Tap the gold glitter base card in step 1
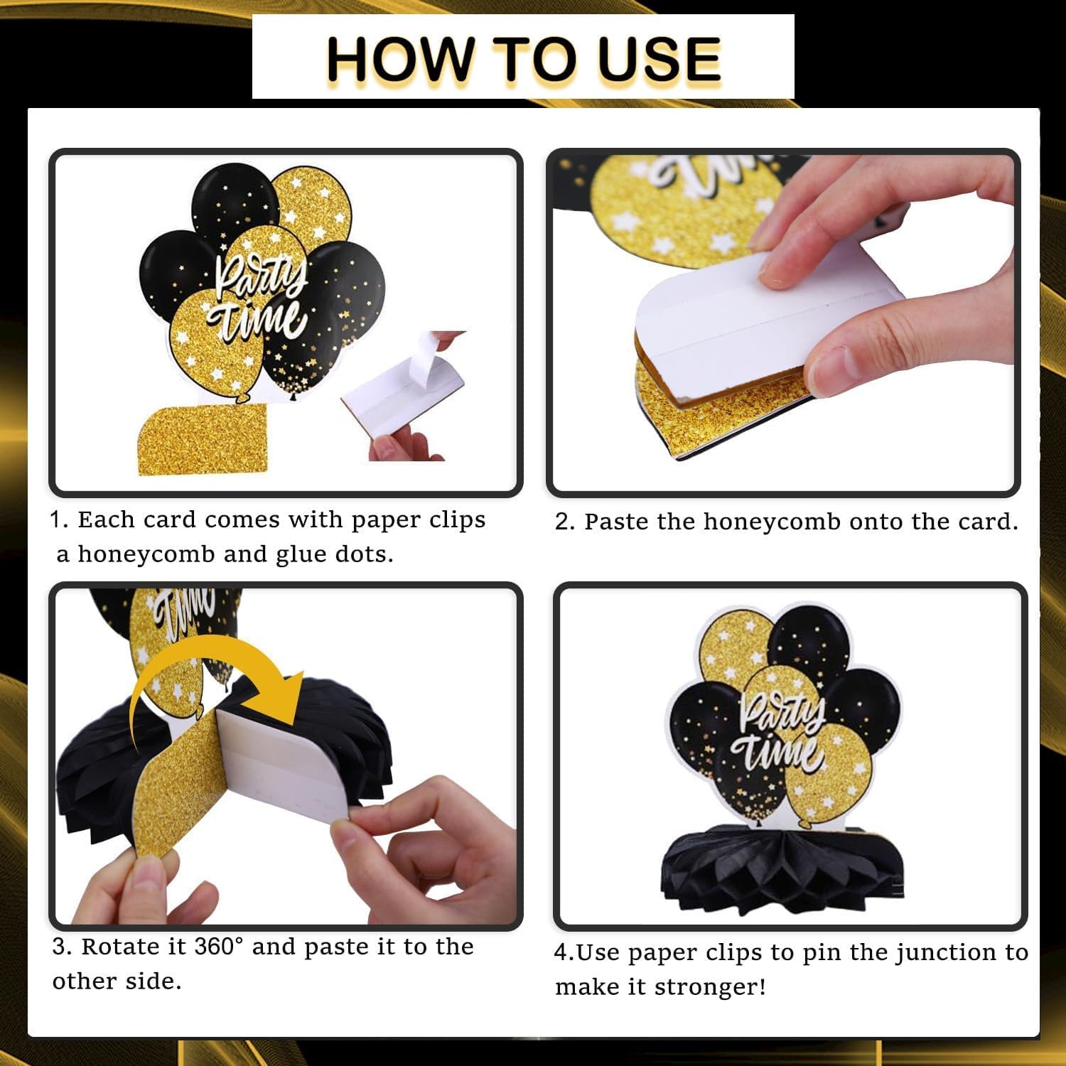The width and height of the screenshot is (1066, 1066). click(x=203, y=439)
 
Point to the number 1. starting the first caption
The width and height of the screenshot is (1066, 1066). click(x=58, y=519)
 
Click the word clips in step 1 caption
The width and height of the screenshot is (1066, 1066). click(x=457, y=519)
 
